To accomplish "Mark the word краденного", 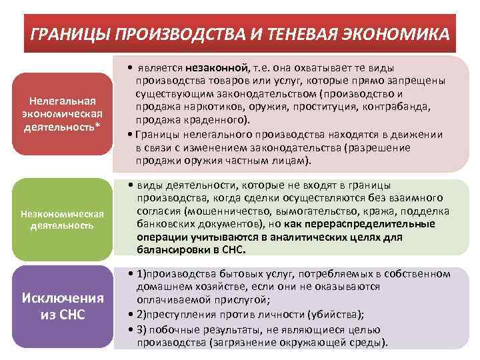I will coord(215,119).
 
